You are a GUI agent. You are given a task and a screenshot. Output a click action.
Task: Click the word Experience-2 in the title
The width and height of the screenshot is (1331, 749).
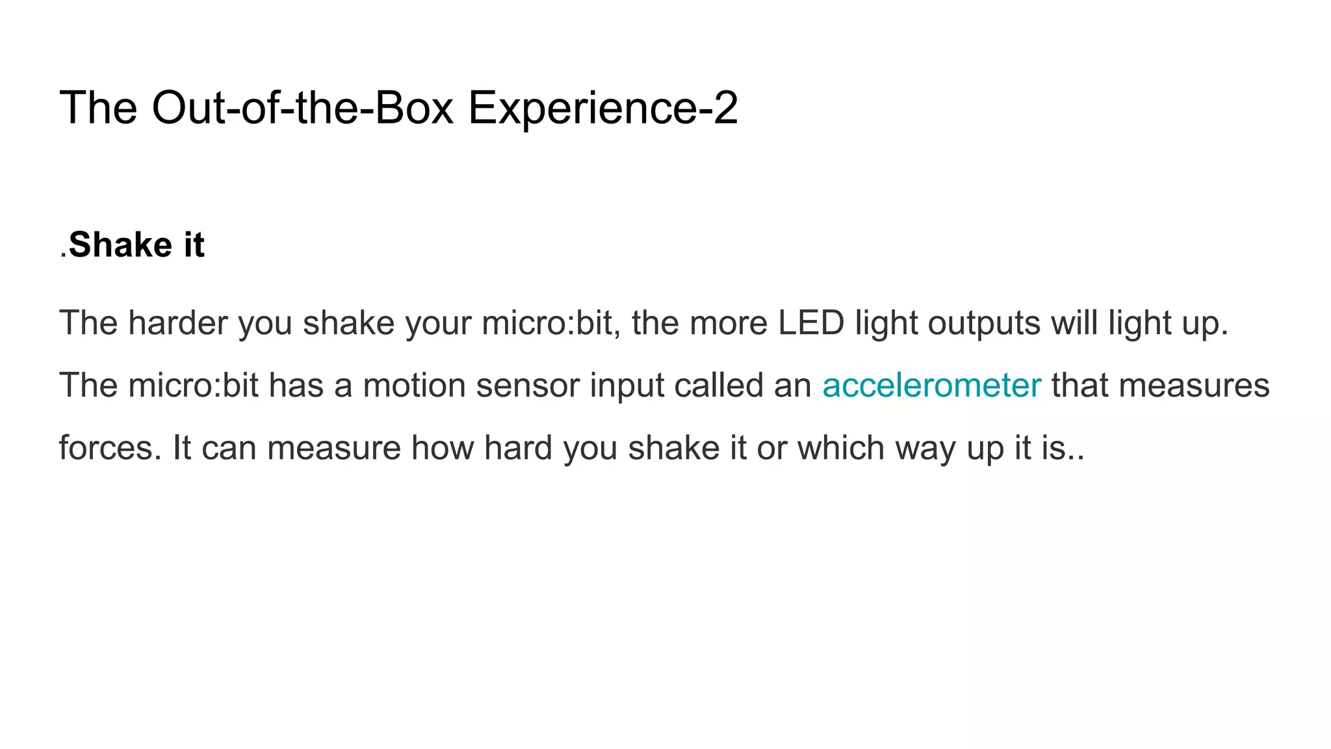pyautogui.click(x=602, y=108)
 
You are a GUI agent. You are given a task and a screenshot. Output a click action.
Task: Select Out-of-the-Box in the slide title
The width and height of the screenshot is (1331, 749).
pyautogui.click(x=302, y=108)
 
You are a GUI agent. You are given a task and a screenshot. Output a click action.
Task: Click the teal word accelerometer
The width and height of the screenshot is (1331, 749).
pyautogui.click(x=931, y=386)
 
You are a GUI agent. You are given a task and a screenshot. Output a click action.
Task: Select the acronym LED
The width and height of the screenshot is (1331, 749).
pyautogui.click(x=811, y=323)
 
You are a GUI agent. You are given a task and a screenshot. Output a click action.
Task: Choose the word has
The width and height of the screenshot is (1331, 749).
pyautogui.click(x=296, y=386)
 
